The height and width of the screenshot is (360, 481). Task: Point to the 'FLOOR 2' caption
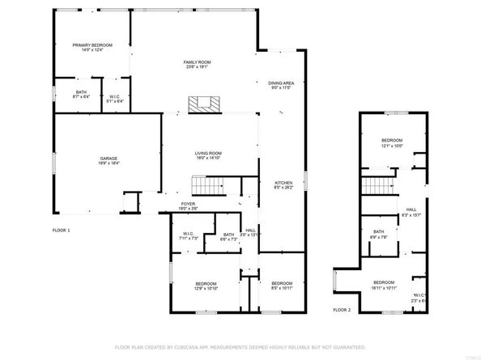(x=343, y=310)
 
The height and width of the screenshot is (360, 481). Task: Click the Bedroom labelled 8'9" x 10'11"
(x=282, y=285)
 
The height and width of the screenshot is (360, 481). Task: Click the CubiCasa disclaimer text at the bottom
(x=240, y=346)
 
